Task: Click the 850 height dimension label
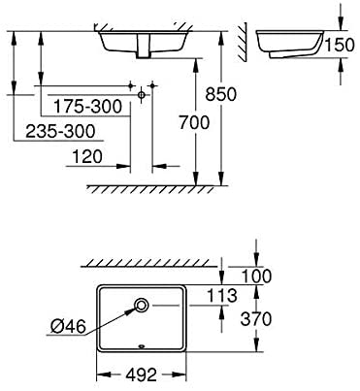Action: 221,94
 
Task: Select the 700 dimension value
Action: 194,123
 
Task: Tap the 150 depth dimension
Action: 340,45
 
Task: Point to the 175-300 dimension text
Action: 87,107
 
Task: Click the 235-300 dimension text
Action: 60,131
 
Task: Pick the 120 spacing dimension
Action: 86,157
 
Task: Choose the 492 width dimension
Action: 141,375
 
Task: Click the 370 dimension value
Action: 256,319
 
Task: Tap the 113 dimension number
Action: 222,296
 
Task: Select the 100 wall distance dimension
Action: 257,276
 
